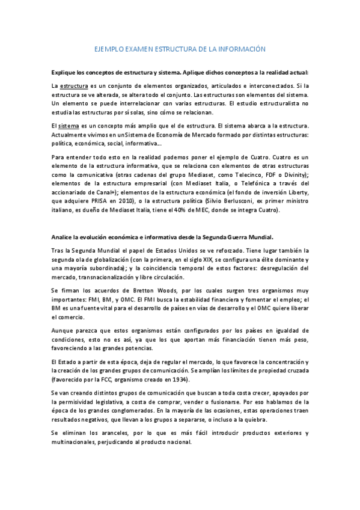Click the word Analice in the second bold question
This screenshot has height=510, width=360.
point(63,236)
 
